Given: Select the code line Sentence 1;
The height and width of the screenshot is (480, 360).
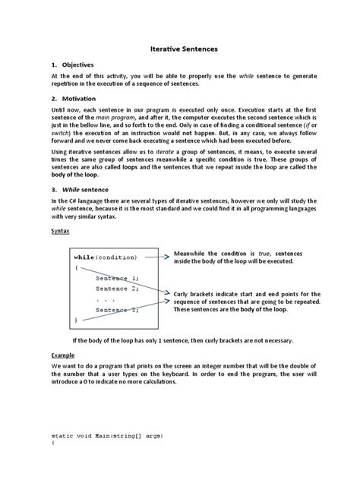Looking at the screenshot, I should [117, 279].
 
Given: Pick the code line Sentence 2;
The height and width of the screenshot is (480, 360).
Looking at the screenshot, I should [117, 289].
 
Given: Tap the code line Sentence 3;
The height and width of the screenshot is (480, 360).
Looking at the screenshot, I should [117, 310].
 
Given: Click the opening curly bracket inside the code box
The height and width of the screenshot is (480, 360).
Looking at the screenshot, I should [76, 268].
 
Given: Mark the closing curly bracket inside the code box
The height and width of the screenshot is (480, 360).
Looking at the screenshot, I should [76, 321].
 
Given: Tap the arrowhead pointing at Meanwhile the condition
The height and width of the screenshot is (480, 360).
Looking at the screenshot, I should [169, 257].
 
